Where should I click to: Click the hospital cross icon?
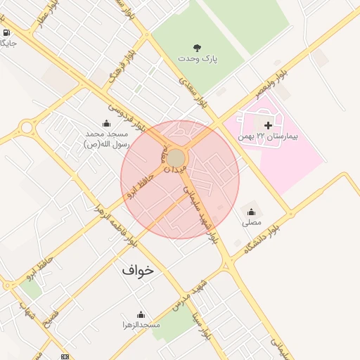267,124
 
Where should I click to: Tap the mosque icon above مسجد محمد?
106,123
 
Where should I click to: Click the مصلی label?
251,222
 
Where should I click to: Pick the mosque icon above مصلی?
251,211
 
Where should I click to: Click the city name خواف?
137,270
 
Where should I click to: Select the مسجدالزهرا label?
141,325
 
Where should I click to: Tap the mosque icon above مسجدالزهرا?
141,314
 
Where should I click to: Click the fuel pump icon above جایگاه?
6,32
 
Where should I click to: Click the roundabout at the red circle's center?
176,157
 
